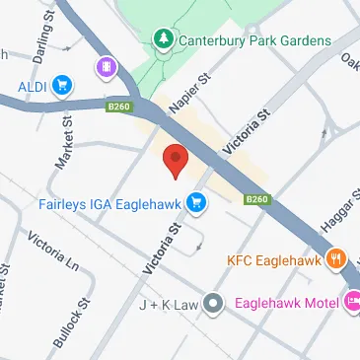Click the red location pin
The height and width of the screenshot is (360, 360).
pos(175,159)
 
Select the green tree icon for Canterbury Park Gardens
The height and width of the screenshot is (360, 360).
pos(162,39)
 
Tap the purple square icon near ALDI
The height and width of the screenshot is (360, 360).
pos(105,67)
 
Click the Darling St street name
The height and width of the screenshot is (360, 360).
pos(39,44)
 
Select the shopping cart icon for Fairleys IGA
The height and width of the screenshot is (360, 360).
pos(198,203)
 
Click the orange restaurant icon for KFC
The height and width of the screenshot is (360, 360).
pos(336,260)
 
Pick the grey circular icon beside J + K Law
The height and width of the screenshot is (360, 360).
pos(211,306)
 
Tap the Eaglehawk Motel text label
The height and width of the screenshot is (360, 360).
pos(286,305)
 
